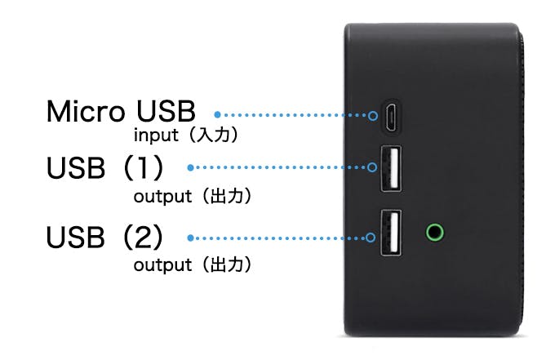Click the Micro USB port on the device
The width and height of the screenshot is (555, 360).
[x=392, y=116]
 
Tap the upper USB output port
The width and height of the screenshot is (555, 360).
[x=391, y=168]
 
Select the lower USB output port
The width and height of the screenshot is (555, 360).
[x=391, y=233]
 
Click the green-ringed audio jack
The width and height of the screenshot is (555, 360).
[x=435, y=233]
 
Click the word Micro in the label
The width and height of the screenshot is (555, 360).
[x=86, y=112]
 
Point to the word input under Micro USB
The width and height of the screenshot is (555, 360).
[x=156, y=136]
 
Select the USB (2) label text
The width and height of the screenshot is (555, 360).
[x=104, y=237]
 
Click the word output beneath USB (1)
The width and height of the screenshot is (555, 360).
[x=162, y=197]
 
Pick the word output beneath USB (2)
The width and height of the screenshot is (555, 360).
[x=162, y=264]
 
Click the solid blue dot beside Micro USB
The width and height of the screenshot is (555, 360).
[x=217, y=114]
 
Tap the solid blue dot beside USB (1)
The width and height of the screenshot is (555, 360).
[x=190, y=167]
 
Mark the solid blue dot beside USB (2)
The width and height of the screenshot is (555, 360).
[x=190, y=238]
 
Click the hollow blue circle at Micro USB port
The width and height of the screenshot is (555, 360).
[x=373, y=115]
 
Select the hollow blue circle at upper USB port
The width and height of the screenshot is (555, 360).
[x=372, y=167]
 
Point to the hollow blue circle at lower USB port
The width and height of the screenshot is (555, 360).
[x=371, y=237]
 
